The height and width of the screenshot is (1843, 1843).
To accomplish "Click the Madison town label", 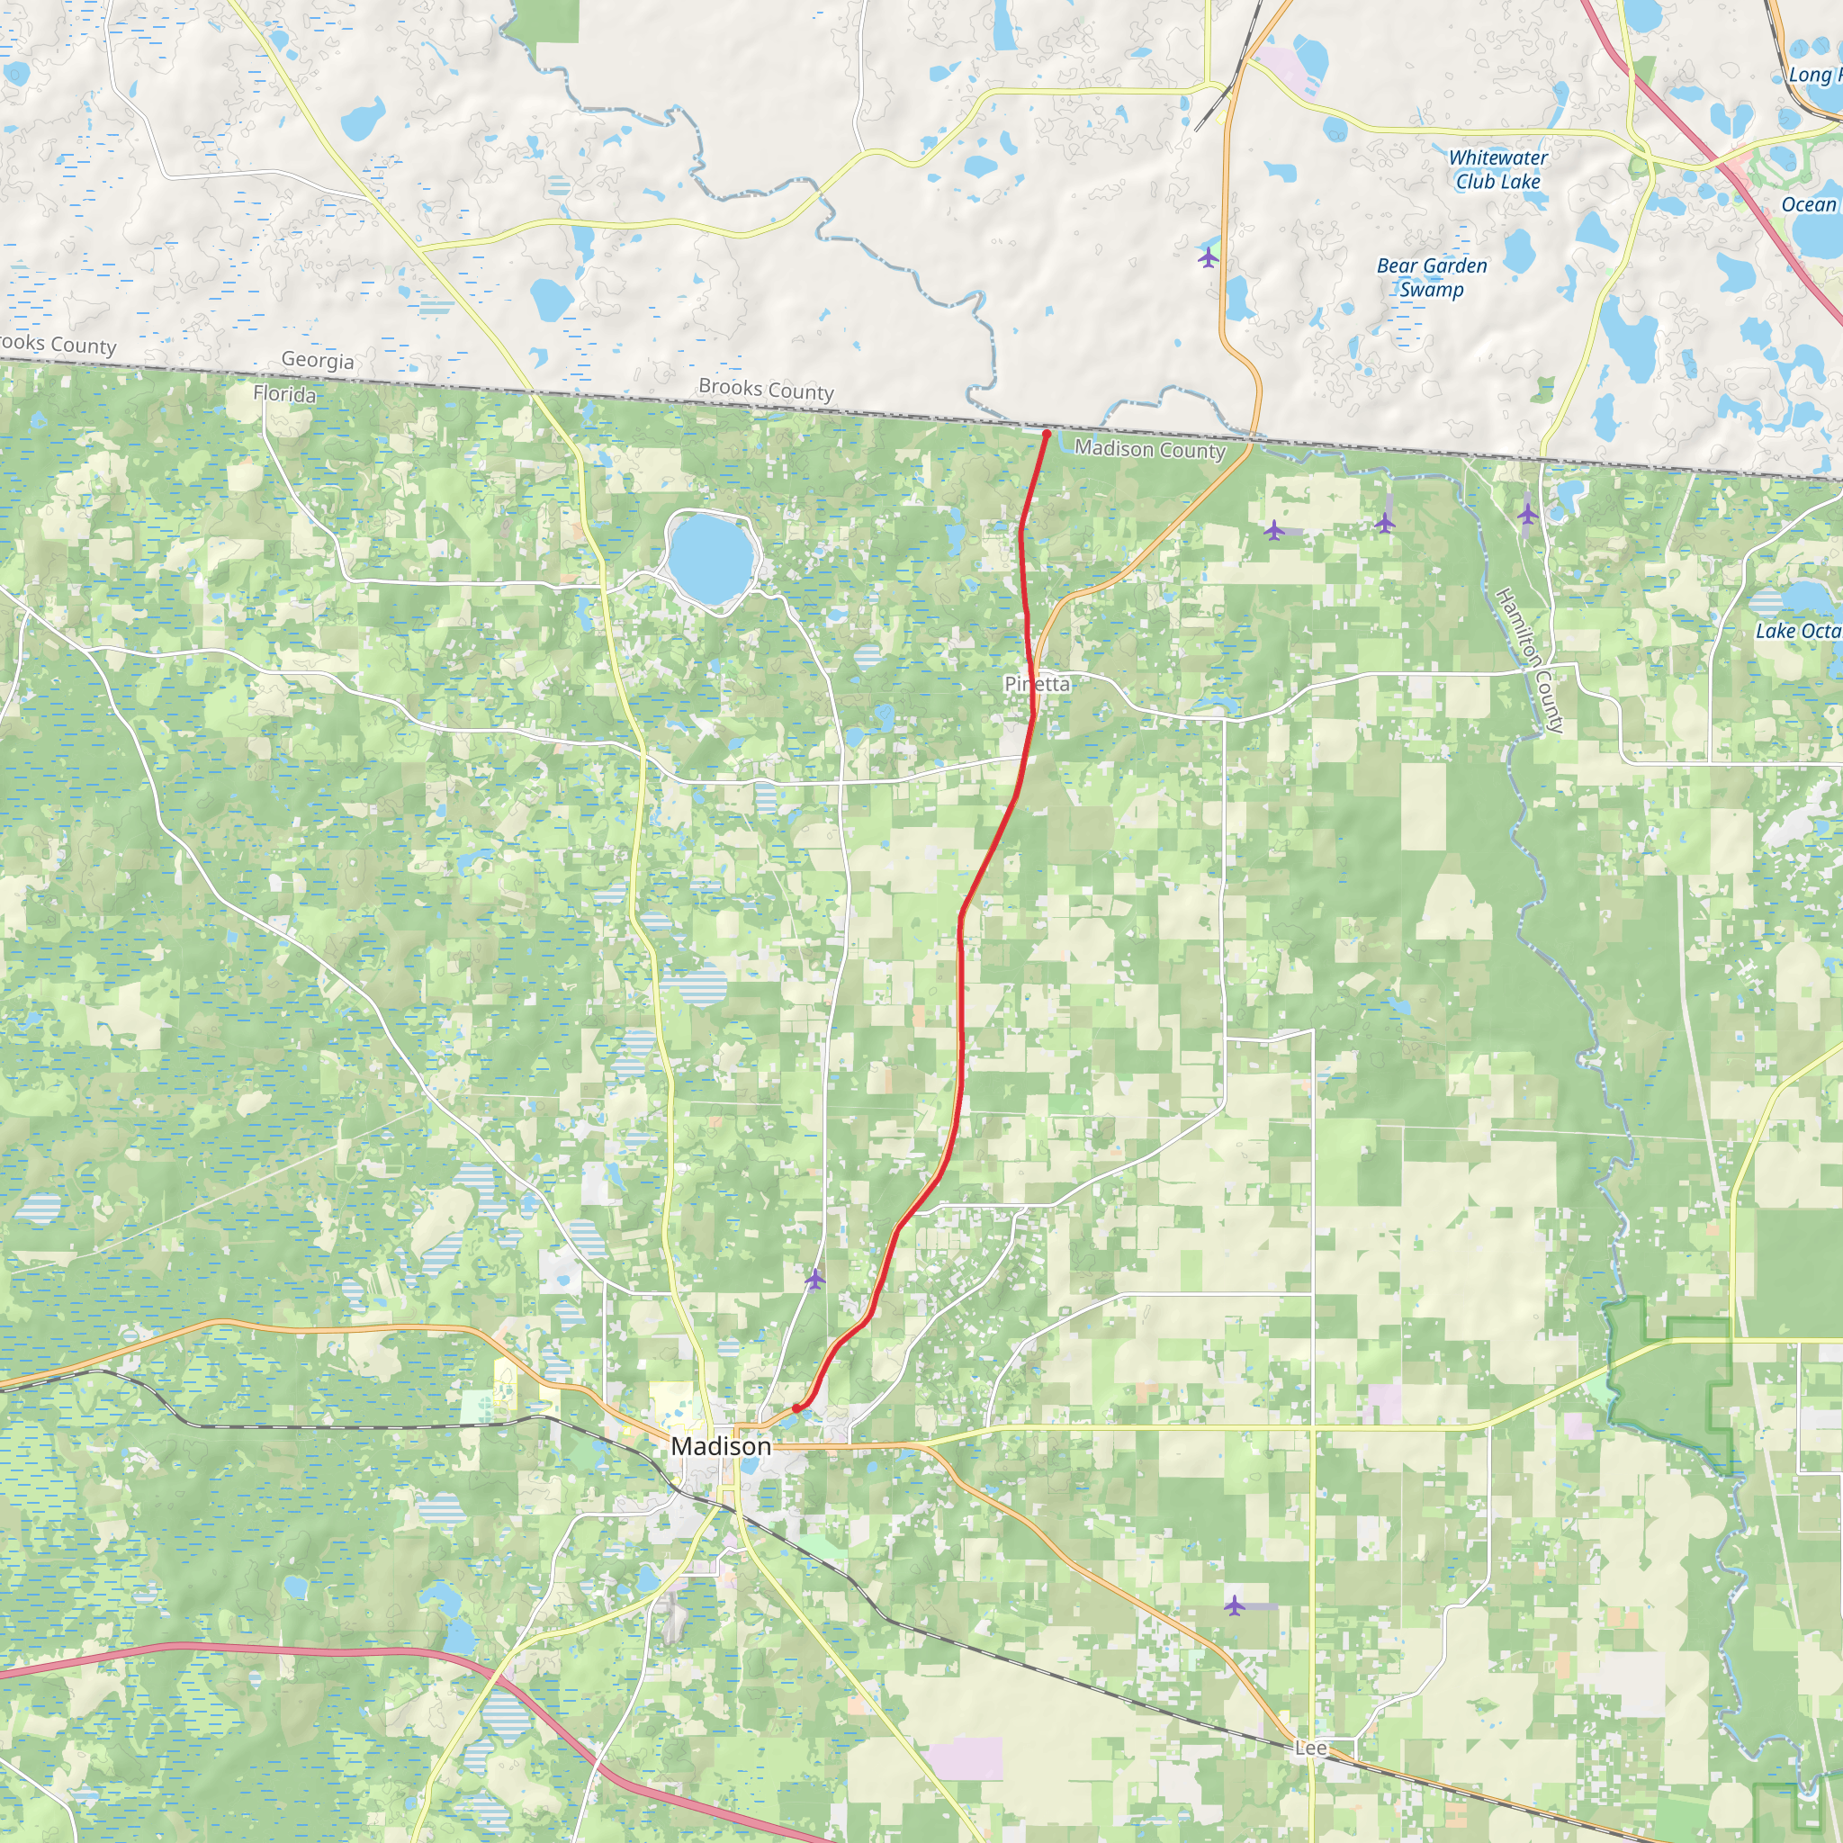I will pos(720,1446).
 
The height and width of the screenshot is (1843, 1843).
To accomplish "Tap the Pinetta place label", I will pos(1037,684).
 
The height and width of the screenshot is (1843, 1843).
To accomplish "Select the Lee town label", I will pos(1310,1748).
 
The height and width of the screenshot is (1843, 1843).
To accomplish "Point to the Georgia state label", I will pos(318,361).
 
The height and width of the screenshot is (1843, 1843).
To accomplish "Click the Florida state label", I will pos(284,394).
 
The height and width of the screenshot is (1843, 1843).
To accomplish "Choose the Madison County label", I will pos(1149,449).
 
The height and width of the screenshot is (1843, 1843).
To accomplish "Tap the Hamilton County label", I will pos(1529,661).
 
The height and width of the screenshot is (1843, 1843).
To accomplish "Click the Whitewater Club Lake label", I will pos(1497,170).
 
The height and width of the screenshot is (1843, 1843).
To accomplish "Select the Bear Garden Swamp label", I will pos(1431,277).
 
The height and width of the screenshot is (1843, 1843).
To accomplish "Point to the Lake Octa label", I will pos(1798,631).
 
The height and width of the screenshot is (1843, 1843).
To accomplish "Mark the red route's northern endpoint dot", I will pos(1047,434).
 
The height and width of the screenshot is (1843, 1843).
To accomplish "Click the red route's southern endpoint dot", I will pos(796,1408).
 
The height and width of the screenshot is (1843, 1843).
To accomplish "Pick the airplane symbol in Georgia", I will pos(1209,257).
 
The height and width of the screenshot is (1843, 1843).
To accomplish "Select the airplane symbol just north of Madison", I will pos(814,1278).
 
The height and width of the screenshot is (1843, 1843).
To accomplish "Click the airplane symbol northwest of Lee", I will pos(1235,1605).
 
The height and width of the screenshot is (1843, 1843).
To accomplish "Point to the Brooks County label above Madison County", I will pos(766,389).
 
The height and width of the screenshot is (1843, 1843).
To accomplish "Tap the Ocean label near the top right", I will pos(1809,204).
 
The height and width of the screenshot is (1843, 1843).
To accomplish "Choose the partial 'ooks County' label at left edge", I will pos(58,345).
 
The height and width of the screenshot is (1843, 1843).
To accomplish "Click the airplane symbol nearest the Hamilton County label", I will pos(1527,514).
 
